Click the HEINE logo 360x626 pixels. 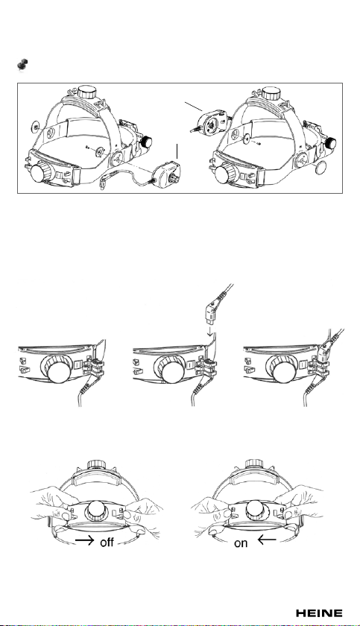(x=319, y=613)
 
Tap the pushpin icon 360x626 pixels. (x=23, y=66)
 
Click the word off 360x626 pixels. (x=107, y=543)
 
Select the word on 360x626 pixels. (x=241, y=543)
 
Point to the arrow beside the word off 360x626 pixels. (x=85, y=540)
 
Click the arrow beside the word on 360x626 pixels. (x=267, y=540)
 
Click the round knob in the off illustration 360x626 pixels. (x=96, y=510)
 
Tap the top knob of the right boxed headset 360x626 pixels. (x=271, y=93)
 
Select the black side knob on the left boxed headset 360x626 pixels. (x=147, y=142)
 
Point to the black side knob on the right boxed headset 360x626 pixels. (x=330, y=143)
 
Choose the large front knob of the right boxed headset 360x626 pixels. (x=227, y=174)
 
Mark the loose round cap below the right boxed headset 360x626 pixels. (x=320, y=168)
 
